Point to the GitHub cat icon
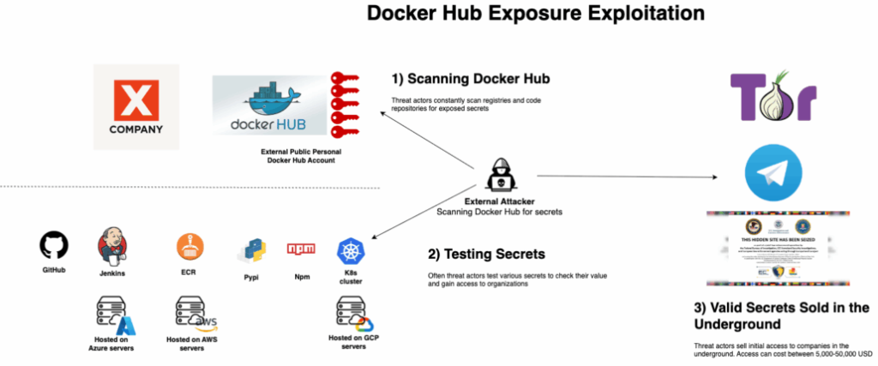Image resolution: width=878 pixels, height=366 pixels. [x=54, y=247]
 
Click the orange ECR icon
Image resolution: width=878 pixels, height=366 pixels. [x=189, y=247]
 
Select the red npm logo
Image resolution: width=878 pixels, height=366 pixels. [x=301, y=249]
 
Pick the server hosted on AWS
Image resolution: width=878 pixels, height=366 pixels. [x=190, y=313]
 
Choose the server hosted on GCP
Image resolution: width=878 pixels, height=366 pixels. [x=352, y=312]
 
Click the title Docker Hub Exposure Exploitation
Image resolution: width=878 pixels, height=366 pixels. [x=536, y=15]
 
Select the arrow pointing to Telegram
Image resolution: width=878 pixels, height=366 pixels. [x=626, y=177]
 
